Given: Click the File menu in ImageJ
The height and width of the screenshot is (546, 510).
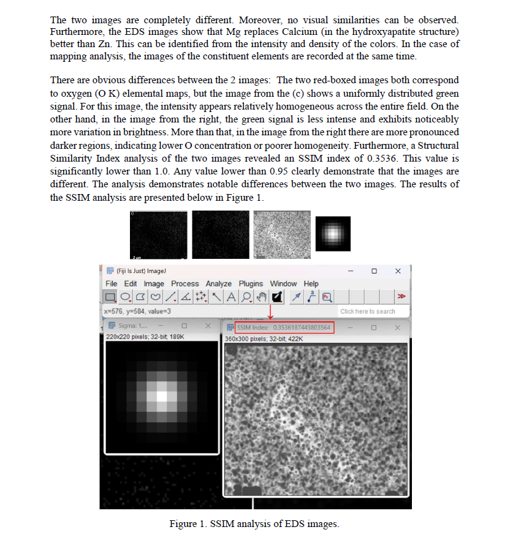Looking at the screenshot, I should [111, 283].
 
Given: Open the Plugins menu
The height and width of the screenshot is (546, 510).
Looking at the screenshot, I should [251, 283].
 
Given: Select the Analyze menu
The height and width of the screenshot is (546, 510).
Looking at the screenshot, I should [219, 283].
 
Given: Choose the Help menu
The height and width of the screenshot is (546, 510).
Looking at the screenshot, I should [311, 283].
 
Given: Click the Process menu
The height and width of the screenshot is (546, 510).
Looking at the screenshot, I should [185, 283].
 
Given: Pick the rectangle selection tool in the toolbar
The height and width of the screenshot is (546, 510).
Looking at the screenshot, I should [110, 297].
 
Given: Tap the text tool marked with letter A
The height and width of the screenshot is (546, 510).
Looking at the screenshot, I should [231, 297].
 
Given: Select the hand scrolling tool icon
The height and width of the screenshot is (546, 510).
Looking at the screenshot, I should [261, 297].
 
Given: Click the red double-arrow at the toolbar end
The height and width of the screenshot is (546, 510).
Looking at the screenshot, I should [402, 297].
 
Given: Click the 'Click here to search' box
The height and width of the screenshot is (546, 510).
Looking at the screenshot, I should [368, 312].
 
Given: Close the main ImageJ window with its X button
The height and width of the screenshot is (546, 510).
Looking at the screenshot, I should [398, 271].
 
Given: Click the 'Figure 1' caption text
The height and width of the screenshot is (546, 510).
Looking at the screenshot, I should [254, 524].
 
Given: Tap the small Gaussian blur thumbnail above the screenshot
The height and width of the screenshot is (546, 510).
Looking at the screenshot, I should [333, 233].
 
